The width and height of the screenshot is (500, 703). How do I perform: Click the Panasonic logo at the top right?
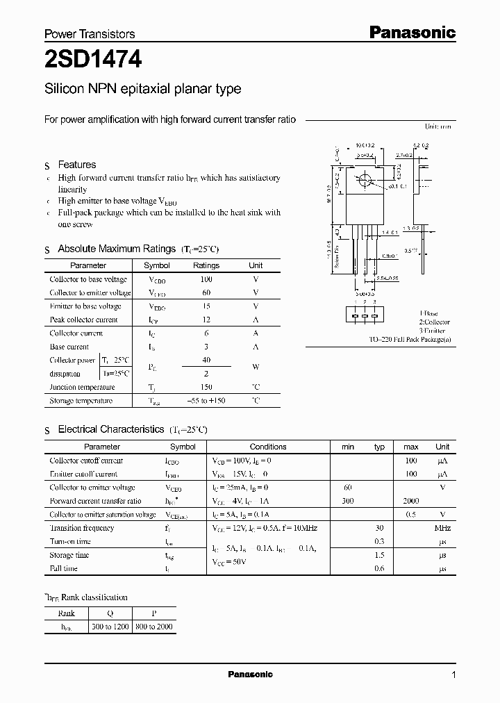point(411,32)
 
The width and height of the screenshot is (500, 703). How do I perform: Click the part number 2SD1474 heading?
point(93,61)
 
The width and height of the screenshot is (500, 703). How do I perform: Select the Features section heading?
point(76,165)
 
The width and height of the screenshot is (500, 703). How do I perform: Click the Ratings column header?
point(206,265)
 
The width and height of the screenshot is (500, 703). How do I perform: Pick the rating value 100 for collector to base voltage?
point(206,279)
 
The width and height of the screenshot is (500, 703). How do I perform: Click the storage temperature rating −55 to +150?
point(206,401)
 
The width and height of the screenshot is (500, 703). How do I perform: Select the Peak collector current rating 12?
point(206,320)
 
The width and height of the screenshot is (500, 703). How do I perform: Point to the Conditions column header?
point(267,447)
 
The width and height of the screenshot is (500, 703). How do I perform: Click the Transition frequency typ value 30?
point(379,528)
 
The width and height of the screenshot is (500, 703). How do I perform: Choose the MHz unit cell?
point(442,528)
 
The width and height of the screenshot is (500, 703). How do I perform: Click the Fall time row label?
point(64,568)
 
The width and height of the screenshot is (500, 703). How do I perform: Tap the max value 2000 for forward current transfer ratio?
point(410,501)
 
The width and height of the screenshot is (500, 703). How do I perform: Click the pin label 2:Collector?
point(434,322)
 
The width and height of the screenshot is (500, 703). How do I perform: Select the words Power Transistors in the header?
point(90,33)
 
